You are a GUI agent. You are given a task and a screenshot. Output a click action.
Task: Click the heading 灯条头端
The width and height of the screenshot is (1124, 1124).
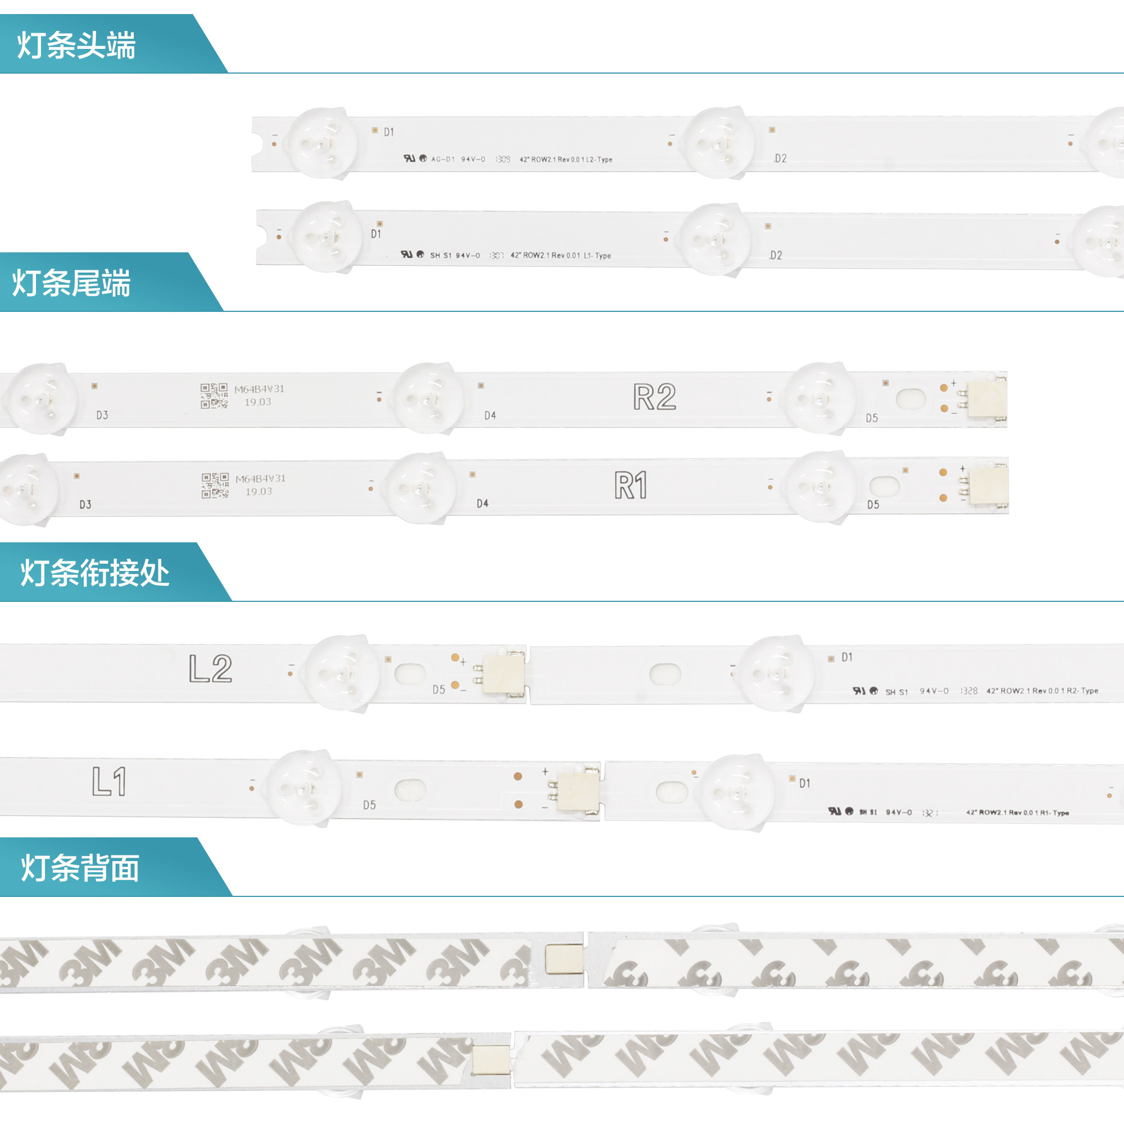[76, 46]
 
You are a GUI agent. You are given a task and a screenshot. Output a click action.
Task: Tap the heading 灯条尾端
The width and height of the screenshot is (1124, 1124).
[71, 283]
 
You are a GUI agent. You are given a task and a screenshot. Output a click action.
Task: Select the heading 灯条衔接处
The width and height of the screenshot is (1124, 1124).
[95, 573]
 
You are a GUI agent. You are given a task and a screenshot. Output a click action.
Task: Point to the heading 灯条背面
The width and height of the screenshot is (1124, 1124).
[80, 868]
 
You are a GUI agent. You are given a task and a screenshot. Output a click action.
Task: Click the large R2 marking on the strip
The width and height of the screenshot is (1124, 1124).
[655, 397]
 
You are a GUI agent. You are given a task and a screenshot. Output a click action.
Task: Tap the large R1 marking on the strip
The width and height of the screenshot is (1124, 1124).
[631, 485]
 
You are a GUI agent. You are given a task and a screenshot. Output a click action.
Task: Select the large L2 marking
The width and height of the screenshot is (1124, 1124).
[211, 668]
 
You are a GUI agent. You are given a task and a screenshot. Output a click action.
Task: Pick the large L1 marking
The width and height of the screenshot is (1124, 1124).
[110, 781]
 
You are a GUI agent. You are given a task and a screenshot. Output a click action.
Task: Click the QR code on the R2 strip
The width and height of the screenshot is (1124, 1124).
[214, 396]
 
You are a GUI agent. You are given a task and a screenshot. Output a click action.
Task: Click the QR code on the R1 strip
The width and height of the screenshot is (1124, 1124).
[215, 486]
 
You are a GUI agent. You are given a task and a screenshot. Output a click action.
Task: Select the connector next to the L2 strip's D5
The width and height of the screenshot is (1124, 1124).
[503, 673]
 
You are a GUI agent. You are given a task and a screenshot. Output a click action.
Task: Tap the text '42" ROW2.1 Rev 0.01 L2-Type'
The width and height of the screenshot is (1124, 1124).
[565, 160]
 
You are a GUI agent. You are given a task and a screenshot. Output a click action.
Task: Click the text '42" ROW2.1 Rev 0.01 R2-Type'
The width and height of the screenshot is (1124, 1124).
[1042, 691]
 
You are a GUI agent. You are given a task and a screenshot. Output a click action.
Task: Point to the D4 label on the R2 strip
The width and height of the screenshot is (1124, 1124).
[490, 415]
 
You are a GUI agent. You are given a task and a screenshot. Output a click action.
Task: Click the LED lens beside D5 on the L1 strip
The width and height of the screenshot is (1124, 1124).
[303, 788]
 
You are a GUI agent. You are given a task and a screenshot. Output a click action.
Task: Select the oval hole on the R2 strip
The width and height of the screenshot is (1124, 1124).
[910, 399]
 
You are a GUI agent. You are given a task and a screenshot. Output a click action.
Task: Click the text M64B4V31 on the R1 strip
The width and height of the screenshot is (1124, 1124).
[261, 479]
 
